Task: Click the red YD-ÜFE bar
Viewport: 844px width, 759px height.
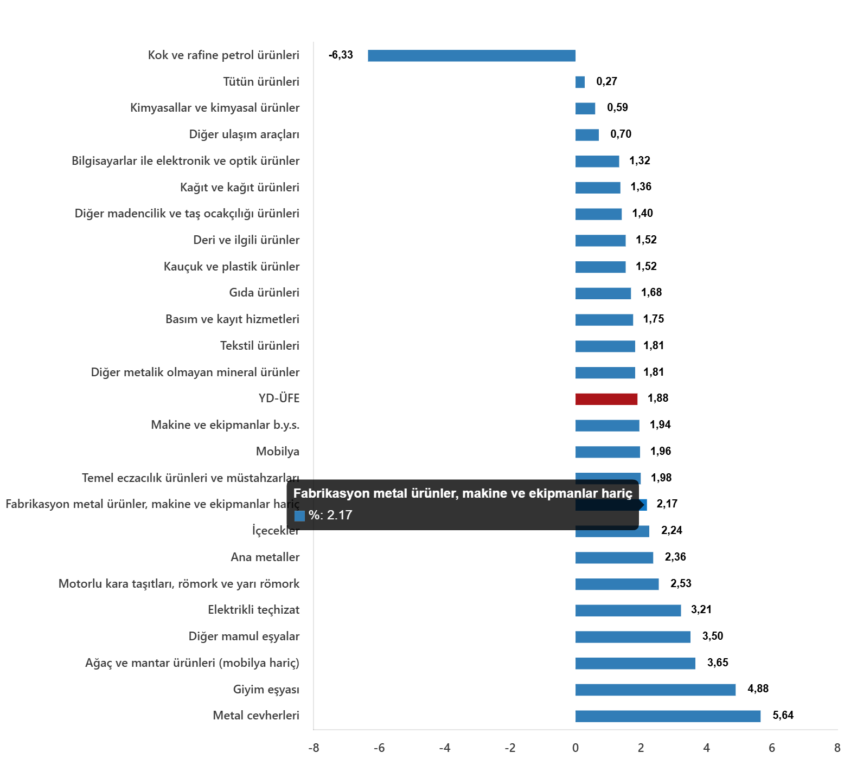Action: pos(606,399)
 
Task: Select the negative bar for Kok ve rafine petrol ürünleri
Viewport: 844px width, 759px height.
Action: pos(471,56)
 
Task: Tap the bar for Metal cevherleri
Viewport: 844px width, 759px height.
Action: pos(668,716)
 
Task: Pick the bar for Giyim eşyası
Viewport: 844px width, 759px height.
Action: pos(655,690)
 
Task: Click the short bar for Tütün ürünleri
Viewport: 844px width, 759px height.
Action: pos(580,82)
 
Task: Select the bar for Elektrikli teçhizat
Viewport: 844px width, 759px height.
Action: pos(628,610)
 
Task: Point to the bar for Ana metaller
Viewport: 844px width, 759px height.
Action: pos(614,558)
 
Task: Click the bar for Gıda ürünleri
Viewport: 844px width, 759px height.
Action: pos(603,293)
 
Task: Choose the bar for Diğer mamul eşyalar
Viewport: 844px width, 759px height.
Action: pos(632,637)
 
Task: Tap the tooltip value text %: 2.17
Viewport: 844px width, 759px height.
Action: pos(330,515)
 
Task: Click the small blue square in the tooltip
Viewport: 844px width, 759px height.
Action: pos(299,516)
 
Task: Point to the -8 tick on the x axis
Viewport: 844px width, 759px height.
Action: pos(314,748)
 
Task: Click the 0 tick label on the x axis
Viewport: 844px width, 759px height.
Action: pos(575,748)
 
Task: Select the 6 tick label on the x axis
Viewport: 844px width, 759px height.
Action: pos(771,748)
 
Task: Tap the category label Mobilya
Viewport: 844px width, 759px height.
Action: pos(277,451)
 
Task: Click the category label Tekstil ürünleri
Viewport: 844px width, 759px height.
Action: pos(259,345)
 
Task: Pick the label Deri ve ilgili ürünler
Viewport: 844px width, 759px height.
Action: pos(246,240)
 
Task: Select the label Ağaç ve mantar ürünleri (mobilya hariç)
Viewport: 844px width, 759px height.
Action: pos(192,662)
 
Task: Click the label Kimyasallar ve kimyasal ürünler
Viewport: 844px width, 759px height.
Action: pos(214,107)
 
